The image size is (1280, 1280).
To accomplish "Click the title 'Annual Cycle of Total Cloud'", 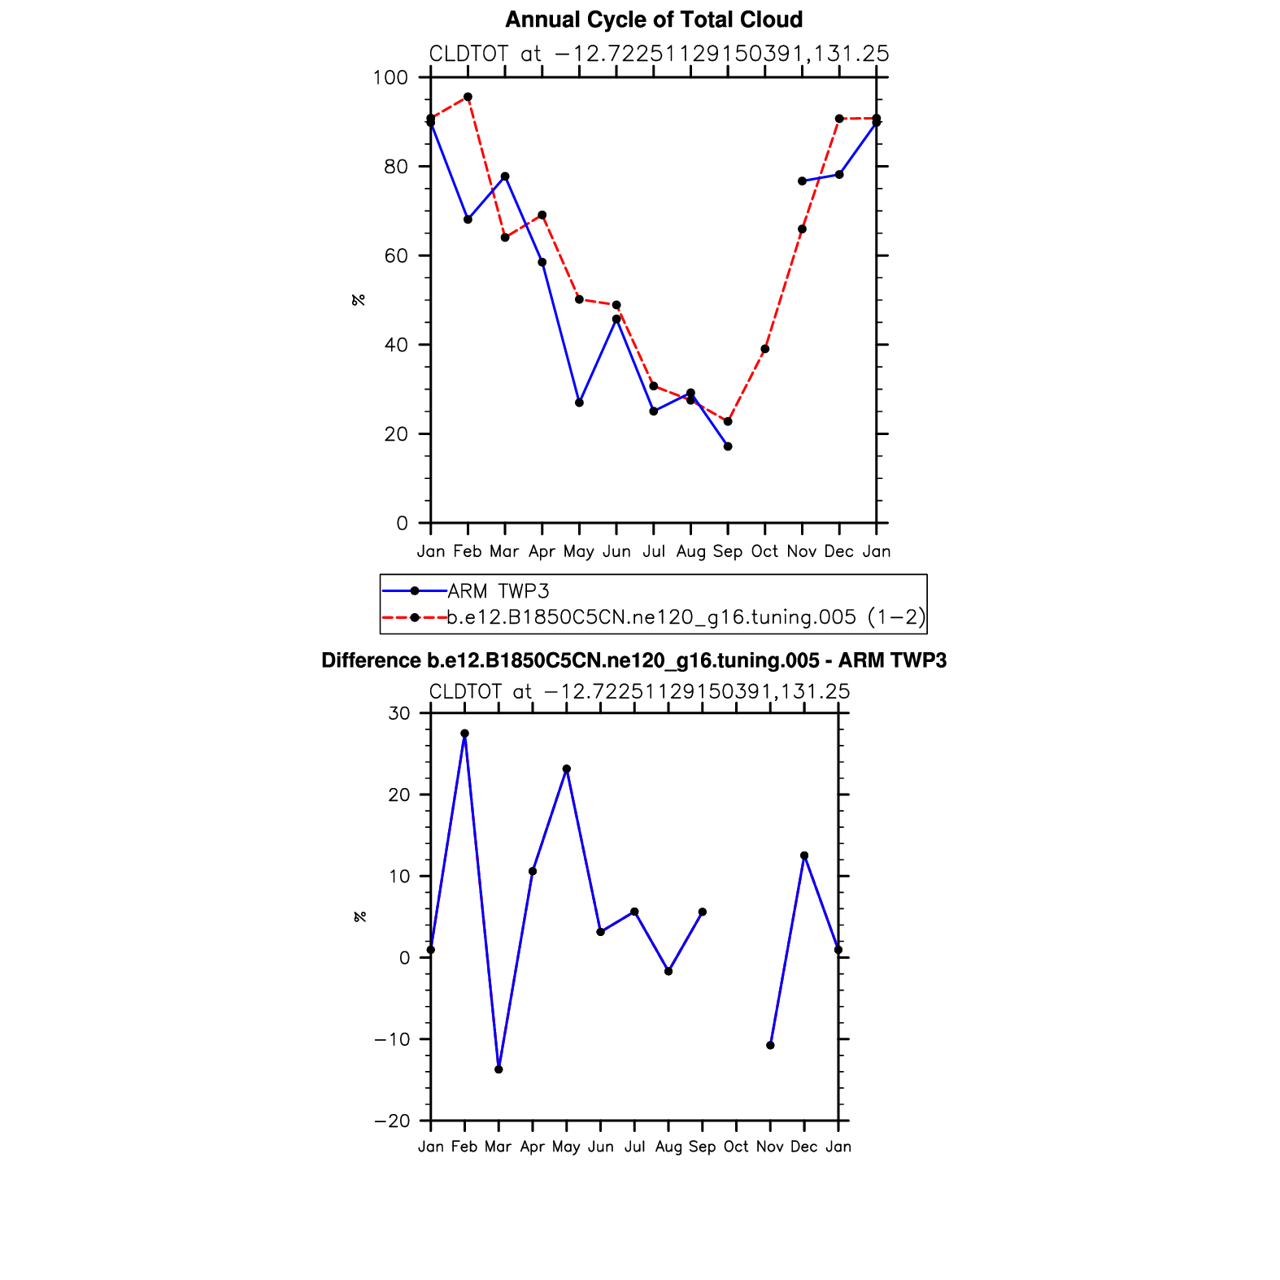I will (x=654, y=20).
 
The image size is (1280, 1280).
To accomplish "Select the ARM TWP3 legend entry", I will (x=498, y=591).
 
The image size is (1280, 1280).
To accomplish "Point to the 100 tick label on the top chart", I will (x=390, y=78).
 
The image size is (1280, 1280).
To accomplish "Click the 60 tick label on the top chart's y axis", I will (x=396, y=256).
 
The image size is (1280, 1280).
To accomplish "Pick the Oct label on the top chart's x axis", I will (x=764, y=551).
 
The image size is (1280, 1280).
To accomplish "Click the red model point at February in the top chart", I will (x=468, y=97).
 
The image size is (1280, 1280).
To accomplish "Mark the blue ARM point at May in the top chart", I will (x=579, y=403).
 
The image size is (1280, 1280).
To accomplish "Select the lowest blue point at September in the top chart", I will (x=728, y=446).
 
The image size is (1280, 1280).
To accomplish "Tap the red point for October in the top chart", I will (x=765, y=349).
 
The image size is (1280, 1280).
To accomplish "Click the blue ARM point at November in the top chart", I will (x=802, y=181).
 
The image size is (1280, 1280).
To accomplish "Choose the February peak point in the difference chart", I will (x=464, y=734).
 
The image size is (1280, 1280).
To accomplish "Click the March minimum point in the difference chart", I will (x=499, y=1069).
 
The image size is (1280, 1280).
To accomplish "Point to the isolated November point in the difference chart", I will (x=770, y=1045).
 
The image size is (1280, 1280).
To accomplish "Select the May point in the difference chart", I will (x=567, y=768).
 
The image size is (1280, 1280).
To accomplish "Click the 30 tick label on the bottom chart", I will (x=399, y=714).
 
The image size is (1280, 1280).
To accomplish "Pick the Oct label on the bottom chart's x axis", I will (x=736, y=1147).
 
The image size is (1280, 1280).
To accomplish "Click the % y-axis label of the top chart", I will (x=359, y=300).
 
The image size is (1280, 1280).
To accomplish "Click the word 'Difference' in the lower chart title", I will (x=371, y=660).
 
